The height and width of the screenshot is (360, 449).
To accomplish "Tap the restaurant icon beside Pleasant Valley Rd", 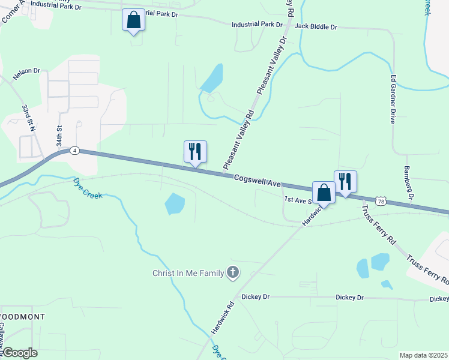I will click(195, 152).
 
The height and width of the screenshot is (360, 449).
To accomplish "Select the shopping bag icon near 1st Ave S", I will click(324, 193).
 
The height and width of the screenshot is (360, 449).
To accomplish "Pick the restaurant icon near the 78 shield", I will click(345, 182).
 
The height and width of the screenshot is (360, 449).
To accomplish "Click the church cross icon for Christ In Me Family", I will click(232, 274).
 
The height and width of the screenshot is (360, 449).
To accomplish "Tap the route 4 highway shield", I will click(74, 151).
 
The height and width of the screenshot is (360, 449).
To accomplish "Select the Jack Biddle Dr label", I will click(316, 27).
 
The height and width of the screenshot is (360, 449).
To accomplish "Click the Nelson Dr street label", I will click(26, 74).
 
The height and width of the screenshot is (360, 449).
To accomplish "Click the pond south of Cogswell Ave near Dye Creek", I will click(175, 204).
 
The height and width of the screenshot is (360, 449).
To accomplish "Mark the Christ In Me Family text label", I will click(187, 274).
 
